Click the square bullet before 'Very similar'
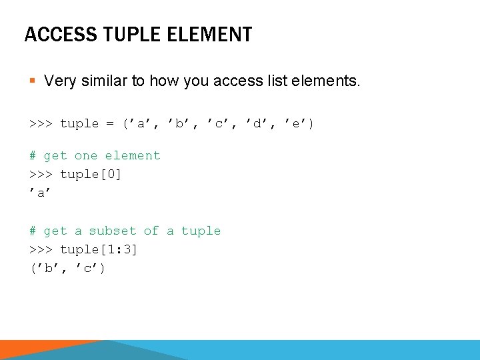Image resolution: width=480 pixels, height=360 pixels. point(33,82)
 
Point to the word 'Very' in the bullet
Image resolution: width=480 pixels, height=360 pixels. point(59,81)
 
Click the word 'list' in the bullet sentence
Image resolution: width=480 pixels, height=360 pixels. point(270,81)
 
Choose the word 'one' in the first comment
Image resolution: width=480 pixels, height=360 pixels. point(85,156)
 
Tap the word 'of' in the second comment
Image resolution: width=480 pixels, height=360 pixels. point(151,231)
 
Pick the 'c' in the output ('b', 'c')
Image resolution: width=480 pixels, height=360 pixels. point(89,269)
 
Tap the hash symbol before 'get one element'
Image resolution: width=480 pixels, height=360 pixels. point(33,156)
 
